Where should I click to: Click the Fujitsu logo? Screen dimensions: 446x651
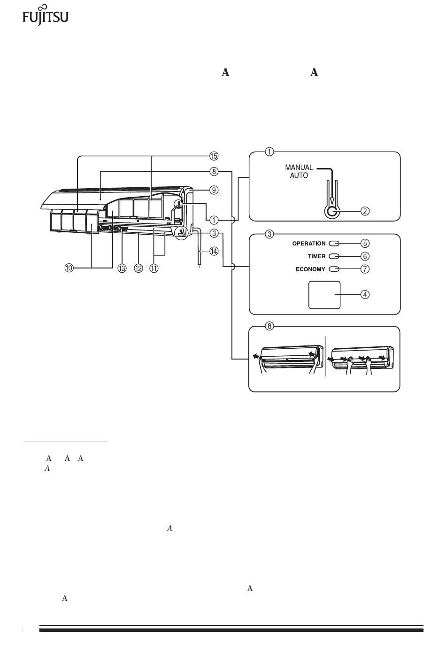(x=46, y=15)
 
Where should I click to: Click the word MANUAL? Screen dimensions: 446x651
(x=299, y=168)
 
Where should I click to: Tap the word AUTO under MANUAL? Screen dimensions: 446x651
(x=299, y=176)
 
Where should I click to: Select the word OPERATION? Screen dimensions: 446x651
(x=309, y=244)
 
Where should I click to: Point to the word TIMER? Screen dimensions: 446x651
(x=316, y=256)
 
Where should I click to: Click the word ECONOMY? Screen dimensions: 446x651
(x=310, y=269)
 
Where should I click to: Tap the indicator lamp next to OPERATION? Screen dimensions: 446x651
(x=334, y=244)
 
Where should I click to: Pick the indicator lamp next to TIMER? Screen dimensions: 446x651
(x=334, y=256)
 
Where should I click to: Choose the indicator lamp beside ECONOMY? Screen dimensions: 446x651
(x=334, y=269)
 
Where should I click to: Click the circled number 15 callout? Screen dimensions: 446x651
(x=214, y=156)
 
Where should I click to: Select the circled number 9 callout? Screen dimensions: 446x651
(x=214, y=190)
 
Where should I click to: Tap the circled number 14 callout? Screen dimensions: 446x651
(x=214, y=251)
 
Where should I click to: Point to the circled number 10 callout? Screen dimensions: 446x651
(x=69, y=268)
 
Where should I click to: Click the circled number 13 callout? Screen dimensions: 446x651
(x=122, y=268)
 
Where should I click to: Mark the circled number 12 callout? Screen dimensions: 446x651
(x=138, y=268)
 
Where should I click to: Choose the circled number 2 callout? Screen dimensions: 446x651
(x=365, y=211)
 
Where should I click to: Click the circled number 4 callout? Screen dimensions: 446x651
(x=365, y=294)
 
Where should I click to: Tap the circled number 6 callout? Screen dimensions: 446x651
(x=365, y=256)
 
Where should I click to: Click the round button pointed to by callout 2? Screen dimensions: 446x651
(x=332, y=212)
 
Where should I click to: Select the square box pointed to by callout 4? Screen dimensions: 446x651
(x=324, y=295)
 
